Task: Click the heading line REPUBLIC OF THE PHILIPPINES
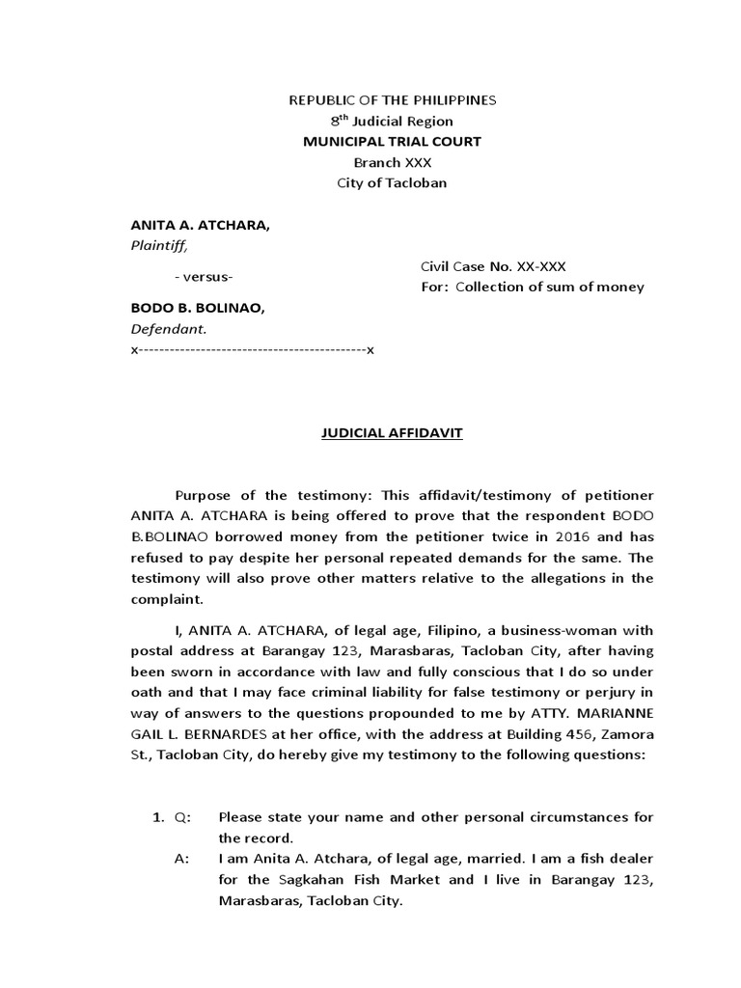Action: [x=393, y=100]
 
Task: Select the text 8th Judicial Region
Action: [x=392, y=122]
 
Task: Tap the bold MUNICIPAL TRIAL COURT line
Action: [x=392, y=142]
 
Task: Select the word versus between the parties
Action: [x=205, y=277]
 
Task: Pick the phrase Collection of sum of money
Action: [x=550, y=288]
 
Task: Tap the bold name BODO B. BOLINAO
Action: [x=197, y=308]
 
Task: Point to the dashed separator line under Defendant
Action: [x=252, y=349]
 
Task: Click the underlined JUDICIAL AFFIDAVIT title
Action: [x=392, y=434]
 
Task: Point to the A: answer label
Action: [x=182, y=861]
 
